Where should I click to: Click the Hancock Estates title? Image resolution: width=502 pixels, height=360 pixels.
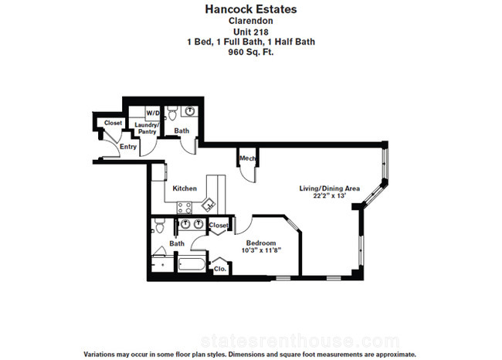pyautogui.click(x=251, y=9)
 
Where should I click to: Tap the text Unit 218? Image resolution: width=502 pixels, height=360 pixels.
pyautogui.click(x=251, y=32)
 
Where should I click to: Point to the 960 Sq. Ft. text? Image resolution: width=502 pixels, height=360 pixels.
pyautogui.click(x=251, y=52)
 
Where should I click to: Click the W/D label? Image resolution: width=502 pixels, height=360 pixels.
pyautogui.click(x=153, y=113)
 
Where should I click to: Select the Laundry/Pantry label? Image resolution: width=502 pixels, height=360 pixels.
pyautogui.click(x=147, y=128)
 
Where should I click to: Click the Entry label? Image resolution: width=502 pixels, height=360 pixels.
pyautogui.click(x=128, y=147)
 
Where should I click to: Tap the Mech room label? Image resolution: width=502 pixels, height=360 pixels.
pyautogui.click(x=247, y=158)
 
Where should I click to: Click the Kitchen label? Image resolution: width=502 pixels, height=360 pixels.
pyautogui.click(x=185, y=188)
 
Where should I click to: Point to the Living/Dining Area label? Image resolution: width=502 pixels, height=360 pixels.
pyautogui.click(x=330, y=188)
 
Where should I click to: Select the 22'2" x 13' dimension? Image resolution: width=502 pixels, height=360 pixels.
pyautogui.click(x=330, y=195)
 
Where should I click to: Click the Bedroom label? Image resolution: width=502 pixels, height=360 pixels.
pyautogui.click(x=261, y=243)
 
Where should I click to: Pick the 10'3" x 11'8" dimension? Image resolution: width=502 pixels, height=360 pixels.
pyautogui.click(x=261, y=250)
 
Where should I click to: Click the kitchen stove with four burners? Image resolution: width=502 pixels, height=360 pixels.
pyautogui.click(x=185, y=208)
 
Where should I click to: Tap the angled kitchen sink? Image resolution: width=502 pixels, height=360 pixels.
pyautogui.click(x=209, y=205)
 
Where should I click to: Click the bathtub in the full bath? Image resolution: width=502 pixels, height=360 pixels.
pyautogui.click(x=192, y=264)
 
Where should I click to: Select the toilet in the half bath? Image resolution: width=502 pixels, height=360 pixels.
pyautogui.click(x=172, y=114)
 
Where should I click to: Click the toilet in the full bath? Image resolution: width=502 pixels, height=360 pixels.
pyautogui.click(x=159, y=226)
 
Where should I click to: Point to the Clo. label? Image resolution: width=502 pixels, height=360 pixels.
pyautogui.click(x=220, y=269)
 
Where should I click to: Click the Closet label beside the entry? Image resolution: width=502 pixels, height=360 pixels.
pyautogui.click(x=113, y=123)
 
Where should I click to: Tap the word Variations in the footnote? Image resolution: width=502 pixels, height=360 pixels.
pyautogui.click(x=99, y=355)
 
